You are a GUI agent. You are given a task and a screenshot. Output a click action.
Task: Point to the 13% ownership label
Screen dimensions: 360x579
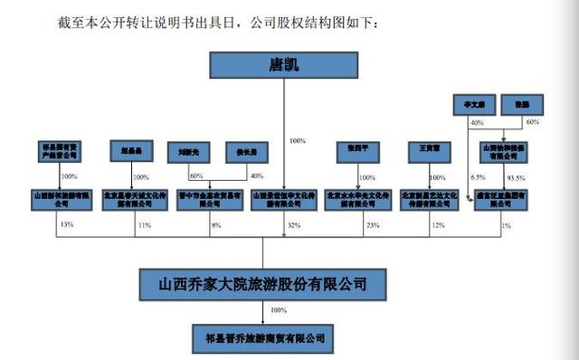[64, 223]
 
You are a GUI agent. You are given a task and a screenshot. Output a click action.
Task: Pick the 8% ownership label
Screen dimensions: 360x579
[215, 223]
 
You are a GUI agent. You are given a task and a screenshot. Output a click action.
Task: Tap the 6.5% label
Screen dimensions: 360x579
[477, 177]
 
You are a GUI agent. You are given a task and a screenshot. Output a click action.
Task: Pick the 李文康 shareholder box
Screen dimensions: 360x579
[471, 104]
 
